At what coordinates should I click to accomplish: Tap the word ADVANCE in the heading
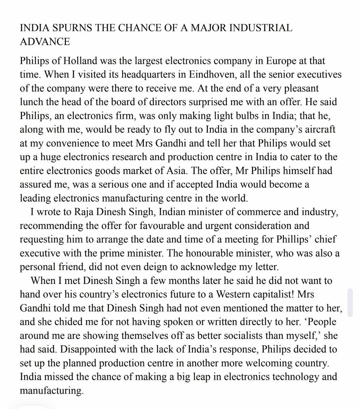click(45, 42)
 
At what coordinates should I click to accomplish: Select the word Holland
click(79, 61)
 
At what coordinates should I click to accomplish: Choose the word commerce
click(256, 212)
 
